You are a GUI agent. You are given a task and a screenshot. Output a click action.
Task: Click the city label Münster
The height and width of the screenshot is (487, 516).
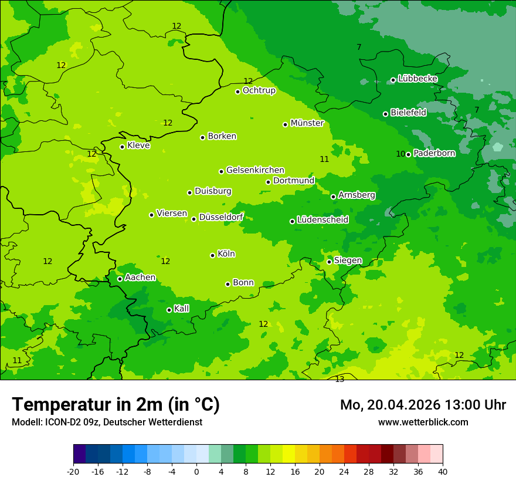click(x=307, y=123)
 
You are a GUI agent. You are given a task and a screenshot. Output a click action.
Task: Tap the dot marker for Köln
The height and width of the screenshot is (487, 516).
click(x=212, y=255)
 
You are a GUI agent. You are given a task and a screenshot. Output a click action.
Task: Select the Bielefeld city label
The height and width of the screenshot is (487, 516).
click(x=408, y=112)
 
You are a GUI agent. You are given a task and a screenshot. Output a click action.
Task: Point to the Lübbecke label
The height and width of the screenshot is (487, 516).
click(x=417, y=79)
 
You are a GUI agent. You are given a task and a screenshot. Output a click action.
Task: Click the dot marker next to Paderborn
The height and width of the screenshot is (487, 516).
click(x=408, y=154)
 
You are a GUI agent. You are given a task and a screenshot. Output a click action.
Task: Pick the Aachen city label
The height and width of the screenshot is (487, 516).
click(x=140, y=278)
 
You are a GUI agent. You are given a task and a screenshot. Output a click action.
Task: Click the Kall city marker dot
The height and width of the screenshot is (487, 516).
click(x=169, y=310)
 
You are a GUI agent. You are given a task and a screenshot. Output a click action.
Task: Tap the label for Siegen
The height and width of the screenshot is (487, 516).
click(x=348, y=261)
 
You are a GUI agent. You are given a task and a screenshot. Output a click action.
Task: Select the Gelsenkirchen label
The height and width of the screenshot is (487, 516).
click(x=255, y=170)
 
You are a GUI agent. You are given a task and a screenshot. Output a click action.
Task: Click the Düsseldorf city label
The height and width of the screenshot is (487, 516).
click(x=221, y=217)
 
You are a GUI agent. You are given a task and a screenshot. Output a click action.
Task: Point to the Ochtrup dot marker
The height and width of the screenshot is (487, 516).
click(x=237, y=92)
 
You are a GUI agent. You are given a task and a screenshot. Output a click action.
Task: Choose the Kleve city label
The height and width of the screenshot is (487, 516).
click(x=138, y=146)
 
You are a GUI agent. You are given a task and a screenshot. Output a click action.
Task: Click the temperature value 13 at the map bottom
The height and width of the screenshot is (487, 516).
click(x=340, y=380)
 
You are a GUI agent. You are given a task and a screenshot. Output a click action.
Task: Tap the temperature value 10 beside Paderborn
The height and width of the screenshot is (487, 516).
click(x=400, y=154)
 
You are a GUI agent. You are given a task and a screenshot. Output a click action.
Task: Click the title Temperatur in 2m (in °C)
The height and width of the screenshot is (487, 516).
click(x=116, y=404)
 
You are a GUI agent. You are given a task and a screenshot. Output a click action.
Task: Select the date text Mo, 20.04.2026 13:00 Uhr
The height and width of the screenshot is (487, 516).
click(x=423, y=405)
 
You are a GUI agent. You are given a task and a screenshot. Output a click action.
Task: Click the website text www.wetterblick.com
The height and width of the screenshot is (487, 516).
click(x=423, y=422)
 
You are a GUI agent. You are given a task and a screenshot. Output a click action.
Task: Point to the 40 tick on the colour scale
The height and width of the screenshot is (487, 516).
click(x=442, y=472)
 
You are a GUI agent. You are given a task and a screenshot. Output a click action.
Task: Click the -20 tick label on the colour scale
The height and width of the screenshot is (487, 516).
click(x=73, y=472)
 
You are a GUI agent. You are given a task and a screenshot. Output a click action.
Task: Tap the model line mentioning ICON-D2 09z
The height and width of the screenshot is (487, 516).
click(x=107, y=422)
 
